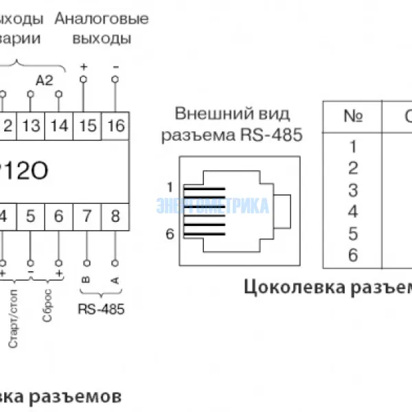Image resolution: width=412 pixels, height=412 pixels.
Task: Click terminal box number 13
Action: [31, 126]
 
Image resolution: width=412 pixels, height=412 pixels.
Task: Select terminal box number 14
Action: [60, 126]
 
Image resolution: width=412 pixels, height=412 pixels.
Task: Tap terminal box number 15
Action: [88, 126]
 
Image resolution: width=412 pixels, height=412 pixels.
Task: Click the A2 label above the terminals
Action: [44, 81]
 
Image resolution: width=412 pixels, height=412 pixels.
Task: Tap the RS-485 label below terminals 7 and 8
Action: [102, 310]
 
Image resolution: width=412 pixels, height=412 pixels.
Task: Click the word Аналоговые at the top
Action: [101, 19]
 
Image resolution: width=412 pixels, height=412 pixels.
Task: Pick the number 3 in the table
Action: [353, 190]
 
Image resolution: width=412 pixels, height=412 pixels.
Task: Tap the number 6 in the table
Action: [353, 255]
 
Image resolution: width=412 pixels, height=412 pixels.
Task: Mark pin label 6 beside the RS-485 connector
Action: [169, 234]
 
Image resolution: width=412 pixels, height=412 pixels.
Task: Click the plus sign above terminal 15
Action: [84, 67]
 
